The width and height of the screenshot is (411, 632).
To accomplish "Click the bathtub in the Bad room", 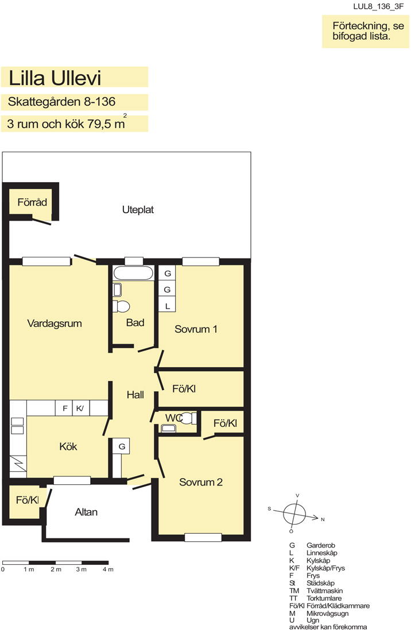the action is coord(133,273).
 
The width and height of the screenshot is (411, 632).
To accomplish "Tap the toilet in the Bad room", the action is coord(121,306).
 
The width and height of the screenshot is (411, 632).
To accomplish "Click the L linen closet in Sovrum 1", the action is coord(167,306).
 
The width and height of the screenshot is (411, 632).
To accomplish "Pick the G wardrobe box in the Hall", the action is coord(121,446).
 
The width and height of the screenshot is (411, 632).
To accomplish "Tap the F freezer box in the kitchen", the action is coord(64,409).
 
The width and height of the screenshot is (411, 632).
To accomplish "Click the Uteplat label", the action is coord(138,210).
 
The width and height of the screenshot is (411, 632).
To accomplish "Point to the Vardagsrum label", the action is coord(55,323).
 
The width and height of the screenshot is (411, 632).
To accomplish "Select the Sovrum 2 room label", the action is coord(200,482).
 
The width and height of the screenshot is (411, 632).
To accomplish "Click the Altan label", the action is coord(86,512).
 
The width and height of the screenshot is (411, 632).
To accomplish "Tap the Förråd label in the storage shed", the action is coord(32,202).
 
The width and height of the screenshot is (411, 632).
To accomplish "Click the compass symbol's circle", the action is coord(294,514).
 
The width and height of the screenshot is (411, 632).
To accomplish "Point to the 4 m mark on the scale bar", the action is coord(108,569).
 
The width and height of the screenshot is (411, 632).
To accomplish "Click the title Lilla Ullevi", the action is coord(55,78).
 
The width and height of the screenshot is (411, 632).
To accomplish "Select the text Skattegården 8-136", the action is coord(61,102).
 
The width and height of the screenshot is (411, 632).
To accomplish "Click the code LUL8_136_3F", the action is coord(378,6).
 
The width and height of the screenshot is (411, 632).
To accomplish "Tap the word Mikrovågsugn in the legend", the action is coord(327,613).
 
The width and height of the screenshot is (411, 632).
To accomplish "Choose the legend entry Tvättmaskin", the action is coord(324,591).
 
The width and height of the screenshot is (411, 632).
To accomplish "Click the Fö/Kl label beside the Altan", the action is coord(28,500).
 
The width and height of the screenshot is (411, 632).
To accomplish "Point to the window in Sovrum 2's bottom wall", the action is coord(203,537).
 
